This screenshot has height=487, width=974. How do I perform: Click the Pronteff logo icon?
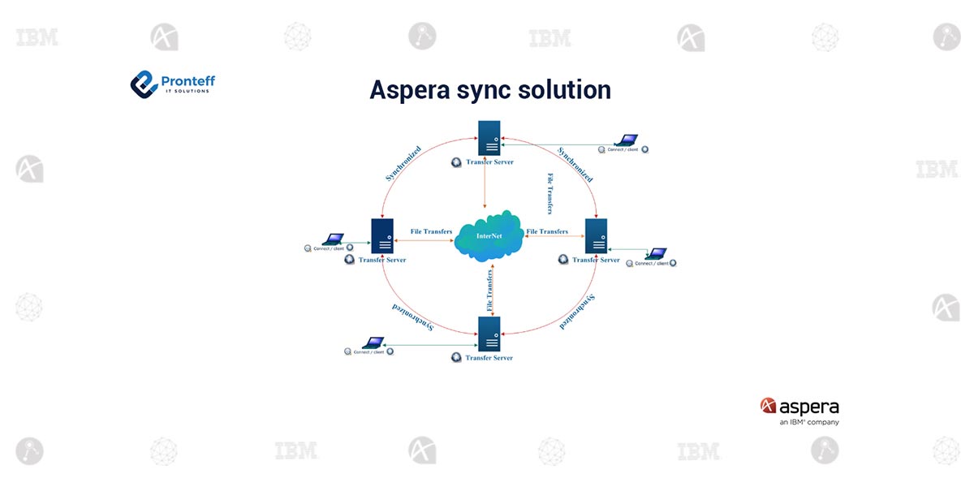click(143, 83)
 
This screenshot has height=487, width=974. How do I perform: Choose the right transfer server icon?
click(597, 235)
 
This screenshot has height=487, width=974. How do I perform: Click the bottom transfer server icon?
click(489, 334)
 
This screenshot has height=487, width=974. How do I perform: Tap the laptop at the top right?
click(626, 140)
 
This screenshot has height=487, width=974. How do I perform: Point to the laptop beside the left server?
click(334, 239)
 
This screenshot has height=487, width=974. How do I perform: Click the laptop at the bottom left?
click(373, 343)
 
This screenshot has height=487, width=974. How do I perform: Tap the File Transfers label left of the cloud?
click(431, 232)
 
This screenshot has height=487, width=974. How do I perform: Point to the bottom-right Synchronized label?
click(578, 312)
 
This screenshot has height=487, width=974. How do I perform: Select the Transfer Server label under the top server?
click(489, 162)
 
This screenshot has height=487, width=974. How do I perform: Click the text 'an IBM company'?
click(808, 422)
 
